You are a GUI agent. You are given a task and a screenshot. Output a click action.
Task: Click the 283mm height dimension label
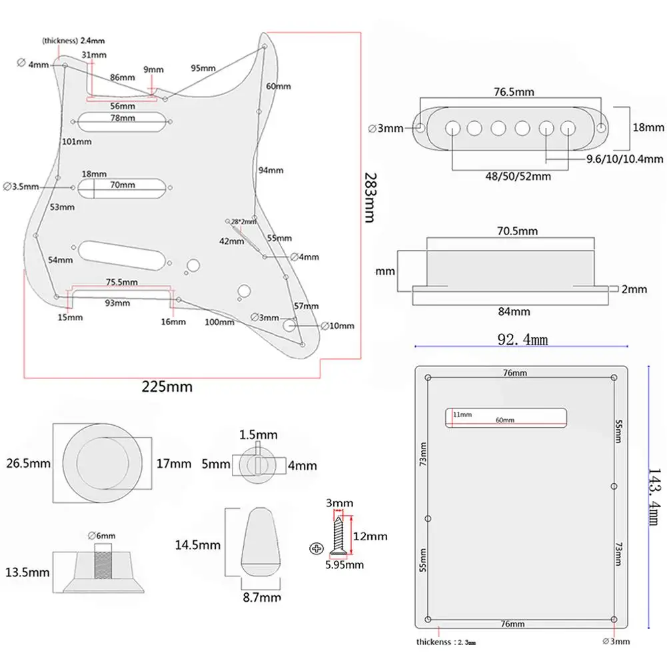tap(373, 199)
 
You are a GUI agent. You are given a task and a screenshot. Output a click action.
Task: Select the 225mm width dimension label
tap(167, 386)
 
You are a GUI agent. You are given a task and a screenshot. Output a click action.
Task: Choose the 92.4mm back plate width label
tap(522, 340)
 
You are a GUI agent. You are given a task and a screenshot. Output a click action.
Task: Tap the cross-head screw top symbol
tap(315, 548)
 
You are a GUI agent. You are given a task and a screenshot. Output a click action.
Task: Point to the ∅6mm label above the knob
tap(102, 536)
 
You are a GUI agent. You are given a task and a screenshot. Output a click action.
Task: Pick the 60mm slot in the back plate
tap(506, 417)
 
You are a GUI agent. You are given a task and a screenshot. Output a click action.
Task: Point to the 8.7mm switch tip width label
tap(258, 598)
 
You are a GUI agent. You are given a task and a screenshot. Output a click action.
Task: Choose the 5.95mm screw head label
tap(344, 564)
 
